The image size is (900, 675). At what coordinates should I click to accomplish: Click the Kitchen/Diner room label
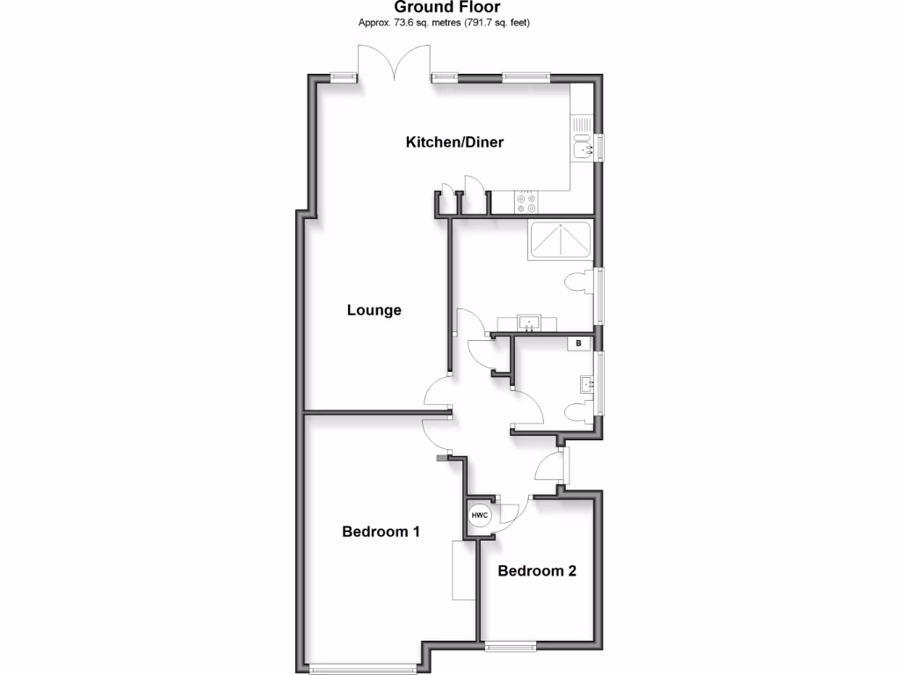[x=454, y=142]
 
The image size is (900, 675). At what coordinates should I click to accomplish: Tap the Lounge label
[x=374, y=310]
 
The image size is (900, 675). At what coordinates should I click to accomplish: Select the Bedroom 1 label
[x=381, y=532]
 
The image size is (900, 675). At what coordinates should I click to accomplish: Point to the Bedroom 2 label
[x=536, y=571]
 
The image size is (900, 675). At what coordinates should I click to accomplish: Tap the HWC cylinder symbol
[x=479, y=516]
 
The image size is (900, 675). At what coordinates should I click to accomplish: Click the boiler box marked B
[x=578, y=344]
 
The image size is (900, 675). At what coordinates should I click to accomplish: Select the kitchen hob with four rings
[x=526, y=203]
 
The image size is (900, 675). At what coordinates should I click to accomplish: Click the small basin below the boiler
[x=587, y=383]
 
